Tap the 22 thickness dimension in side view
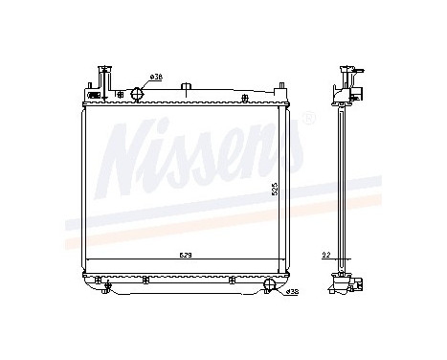[326, 256]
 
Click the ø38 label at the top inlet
[157, 77]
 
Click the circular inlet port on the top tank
[136, 94]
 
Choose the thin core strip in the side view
[343, 182]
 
